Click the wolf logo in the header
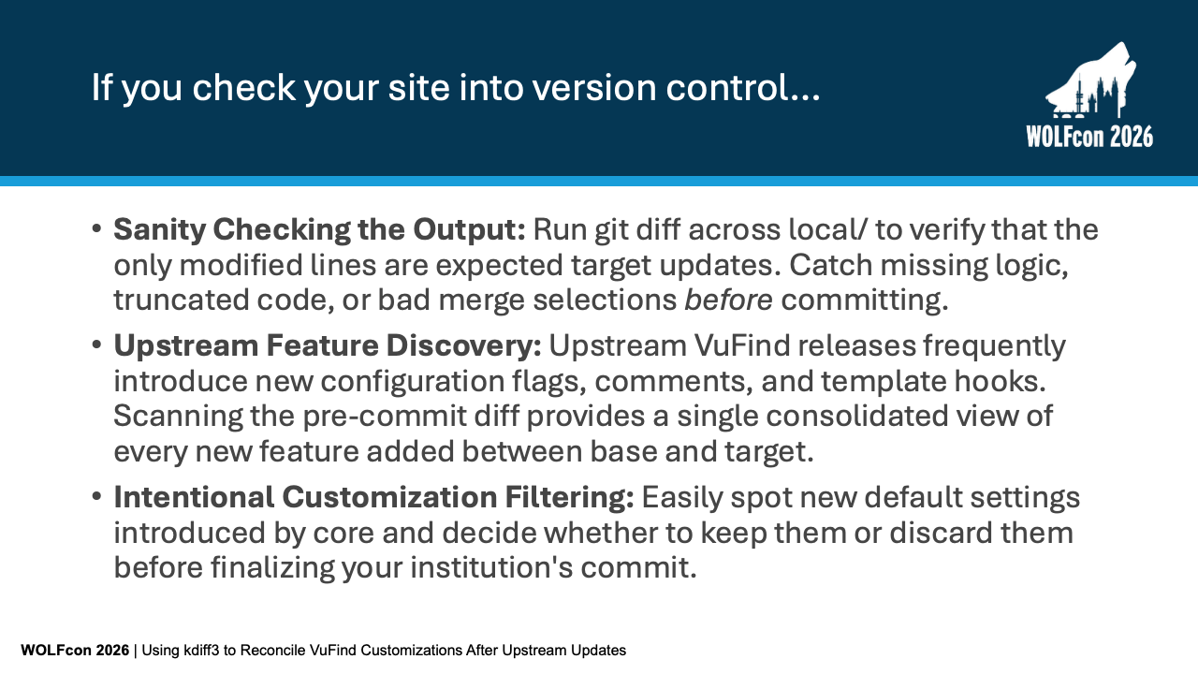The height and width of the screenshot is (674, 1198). (1091, 81)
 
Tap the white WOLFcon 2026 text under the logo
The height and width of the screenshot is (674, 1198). (1089, 137)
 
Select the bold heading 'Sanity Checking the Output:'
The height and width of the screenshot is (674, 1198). (319, 230)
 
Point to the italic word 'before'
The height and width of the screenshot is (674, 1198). (728, 300)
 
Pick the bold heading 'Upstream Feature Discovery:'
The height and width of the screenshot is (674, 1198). (328, 345)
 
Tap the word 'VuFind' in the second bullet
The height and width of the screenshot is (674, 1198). (742, 345)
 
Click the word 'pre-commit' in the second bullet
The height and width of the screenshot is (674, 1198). (385, 418)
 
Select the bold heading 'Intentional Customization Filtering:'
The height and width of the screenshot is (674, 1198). (373, 497)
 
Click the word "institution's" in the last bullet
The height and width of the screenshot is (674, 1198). (491, 567)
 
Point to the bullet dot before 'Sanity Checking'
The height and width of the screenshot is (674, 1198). (96, 229)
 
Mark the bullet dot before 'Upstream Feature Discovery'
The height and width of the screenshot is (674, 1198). (96, 344)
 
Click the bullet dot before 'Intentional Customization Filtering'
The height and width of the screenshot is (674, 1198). (96, 496)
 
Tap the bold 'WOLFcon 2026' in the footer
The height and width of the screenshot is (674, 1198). (75, 651)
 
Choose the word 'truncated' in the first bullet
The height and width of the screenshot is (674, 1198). (182, 300)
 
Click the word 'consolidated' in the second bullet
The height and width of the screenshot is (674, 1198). (856, 417)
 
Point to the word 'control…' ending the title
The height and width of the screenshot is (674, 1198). (743, 87)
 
